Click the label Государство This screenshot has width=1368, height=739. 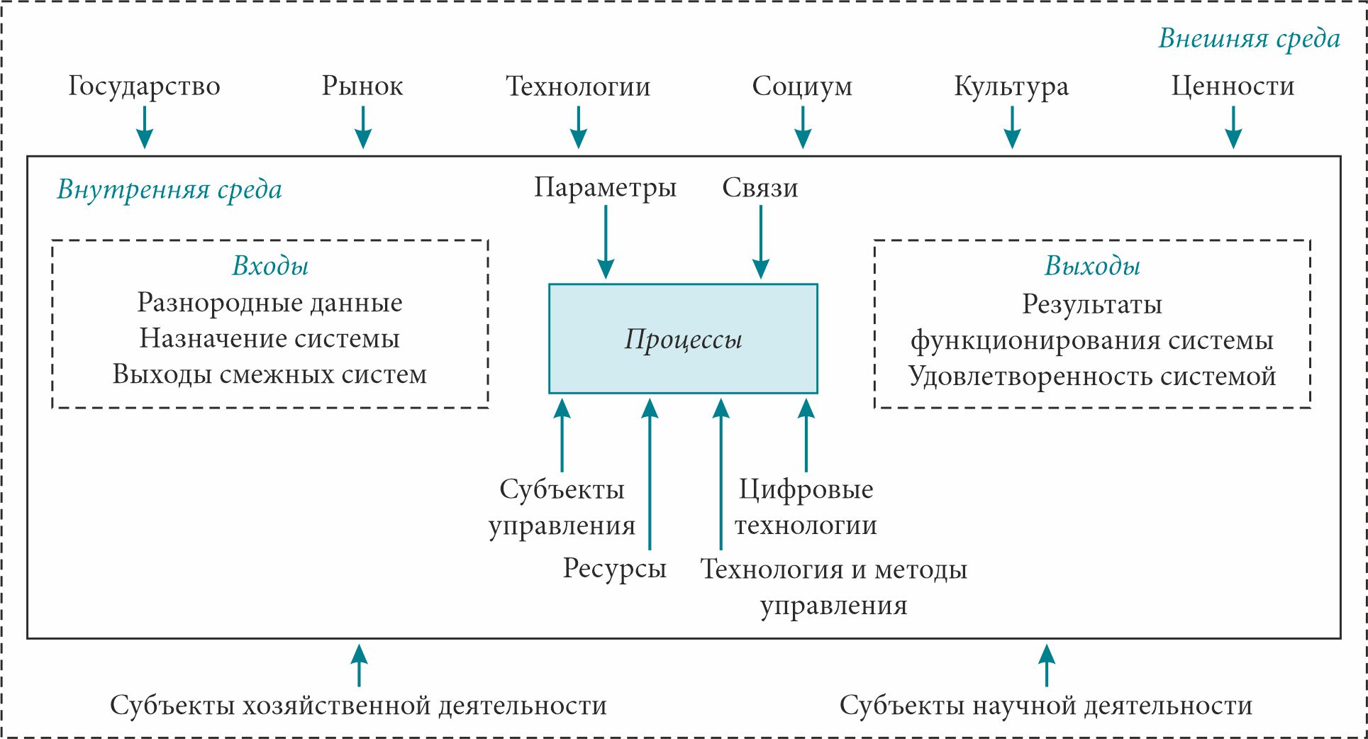[x=144, y=86]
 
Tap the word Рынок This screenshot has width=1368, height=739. [x=362, y=86]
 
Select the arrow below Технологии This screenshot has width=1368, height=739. [x=579, y=127]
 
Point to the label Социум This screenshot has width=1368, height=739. [x=802, y=86]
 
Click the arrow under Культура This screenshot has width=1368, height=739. [x=1012, y=127]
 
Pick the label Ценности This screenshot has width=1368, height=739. [x=1233, y=86]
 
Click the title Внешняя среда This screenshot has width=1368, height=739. [x=1249, y=38]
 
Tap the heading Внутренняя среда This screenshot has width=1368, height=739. [x=169, y=189]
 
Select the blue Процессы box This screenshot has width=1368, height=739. [x=683, y=339]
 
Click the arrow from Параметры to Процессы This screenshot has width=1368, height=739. [x=606, y=242]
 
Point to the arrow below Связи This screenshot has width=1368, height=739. [x=760, y=242]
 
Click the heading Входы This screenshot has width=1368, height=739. [x=270, y=265]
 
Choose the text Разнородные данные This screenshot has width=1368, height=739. [x=270, y=302]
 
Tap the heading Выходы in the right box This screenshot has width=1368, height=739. [x=1092, y=265]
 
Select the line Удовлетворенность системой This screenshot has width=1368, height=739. [x=1092, y=376]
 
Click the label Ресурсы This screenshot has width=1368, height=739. [x=615, y=568]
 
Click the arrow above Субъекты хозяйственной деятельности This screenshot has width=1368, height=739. [x=360, y=665]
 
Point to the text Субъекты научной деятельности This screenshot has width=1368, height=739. [x=1046, y=706]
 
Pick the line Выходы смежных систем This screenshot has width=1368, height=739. [x=270, y=374]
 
